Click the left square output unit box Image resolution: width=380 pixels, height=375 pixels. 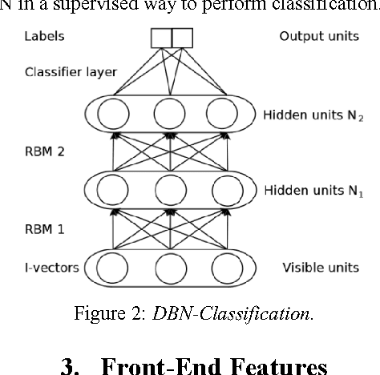coord(161,37)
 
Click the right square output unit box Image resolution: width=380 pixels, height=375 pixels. coord(182,37)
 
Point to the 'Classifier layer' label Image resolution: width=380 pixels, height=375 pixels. coord(71,72)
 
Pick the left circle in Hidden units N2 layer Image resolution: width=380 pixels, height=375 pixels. coord(113,115)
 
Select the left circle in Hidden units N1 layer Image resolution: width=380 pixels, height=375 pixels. coord(113,192)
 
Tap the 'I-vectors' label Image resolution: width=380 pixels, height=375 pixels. coord(51,268)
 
